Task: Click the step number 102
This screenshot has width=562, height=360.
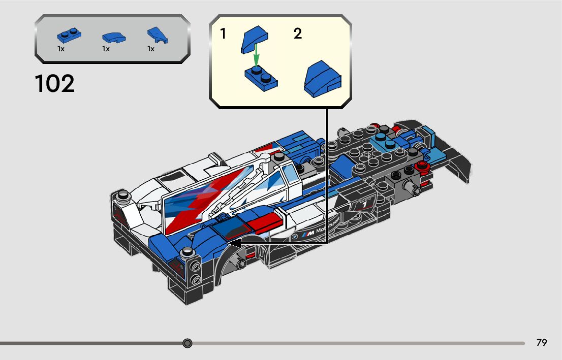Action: tap(55, 84)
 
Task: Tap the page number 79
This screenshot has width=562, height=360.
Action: tap(542, 343)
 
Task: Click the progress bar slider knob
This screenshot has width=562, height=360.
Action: tap(188, 343)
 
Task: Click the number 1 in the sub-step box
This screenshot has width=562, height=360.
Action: tap(223, 34)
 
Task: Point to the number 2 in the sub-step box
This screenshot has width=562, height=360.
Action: tap(298, 34)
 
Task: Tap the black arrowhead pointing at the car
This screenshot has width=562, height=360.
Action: tap(235, 244)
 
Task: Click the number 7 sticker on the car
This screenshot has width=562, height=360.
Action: tap(363, 204)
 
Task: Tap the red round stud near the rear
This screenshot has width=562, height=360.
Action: tap(420, 167)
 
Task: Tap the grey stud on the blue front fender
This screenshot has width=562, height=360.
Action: tap(187, 251)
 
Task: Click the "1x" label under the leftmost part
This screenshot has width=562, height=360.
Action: tap(61, 49)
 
